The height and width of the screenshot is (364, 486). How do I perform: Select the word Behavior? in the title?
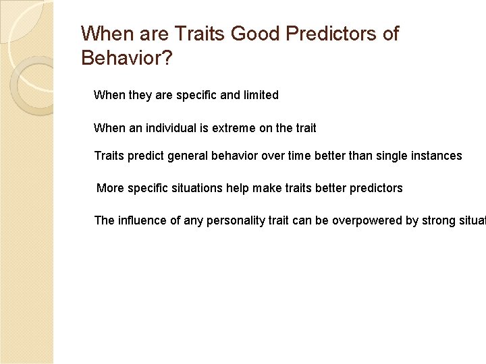pyautogui.click(x=126, y=58)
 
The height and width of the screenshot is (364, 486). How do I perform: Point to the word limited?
pyautogui.click(x=261, y=95)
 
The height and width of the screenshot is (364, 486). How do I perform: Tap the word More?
pyautogui.click(x=109, y=188)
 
